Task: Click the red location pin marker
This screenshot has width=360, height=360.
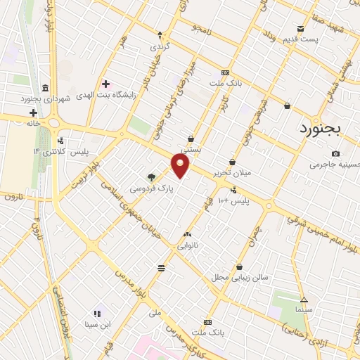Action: [181, 165]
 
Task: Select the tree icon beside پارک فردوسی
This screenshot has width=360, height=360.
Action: [152, 177]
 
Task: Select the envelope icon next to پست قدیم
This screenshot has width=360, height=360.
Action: [301, 29]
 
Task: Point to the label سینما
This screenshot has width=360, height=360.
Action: [303, 309]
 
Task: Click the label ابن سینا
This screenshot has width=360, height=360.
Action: [98, 324]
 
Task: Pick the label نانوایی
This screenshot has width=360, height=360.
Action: [187, 245]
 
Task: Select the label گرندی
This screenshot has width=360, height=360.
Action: [160, 46]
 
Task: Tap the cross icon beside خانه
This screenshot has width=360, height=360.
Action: [32, 112]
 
